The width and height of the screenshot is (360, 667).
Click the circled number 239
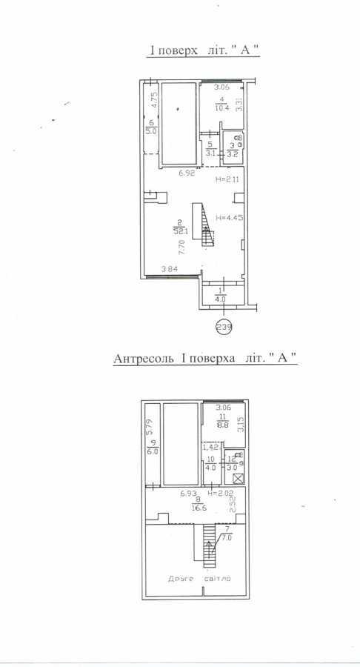tap(222, 325)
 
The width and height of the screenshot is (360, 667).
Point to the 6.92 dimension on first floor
tap(187, 174)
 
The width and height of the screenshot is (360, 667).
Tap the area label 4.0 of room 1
tap(221, 299)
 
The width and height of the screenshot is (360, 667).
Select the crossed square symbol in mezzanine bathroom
tap(237, 478)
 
